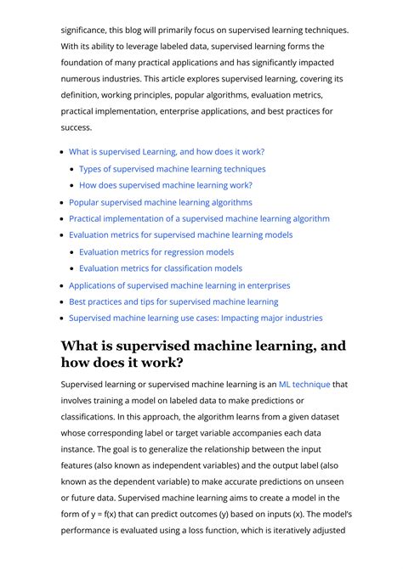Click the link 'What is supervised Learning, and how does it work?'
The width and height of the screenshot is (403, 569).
tap(167, 152)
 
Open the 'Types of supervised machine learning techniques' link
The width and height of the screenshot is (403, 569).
tap(172, 169)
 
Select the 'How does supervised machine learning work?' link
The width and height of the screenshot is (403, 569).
tap(166, 185)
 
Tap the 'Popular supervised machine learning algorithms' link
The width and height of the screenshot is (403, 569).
tap(161, 202)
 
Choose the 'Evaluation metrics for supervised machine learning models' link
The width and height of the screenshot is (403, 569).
tap(180, 235)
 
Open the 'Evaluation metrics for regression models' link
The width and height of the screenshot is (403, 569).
tap(156, 251)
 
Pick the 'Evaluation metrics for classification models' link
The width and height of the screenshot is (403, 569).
tap(161, 268)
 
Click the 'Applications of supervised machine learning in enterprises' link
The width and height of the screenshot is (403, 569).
tap(179, 285)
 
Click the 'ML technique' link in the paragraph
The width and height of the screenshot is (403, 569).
tap(304, 385)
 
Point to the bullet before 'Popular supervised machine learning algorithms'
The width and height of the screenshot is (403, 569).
tap(62, 203)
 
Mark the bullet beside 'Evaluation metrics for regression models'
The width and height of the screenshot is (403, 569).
tap(73, 252)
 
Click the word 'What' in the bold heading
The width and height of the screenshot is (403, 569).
tap(83, 346)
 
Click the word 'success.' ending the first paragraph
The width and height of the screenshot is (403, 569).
tap(76, 127)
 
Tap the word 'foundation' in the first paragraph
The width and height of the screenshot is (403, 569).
tap(82, 63)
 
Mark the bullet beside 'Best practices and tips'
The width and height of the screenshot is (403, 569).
tap(62, 302)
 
